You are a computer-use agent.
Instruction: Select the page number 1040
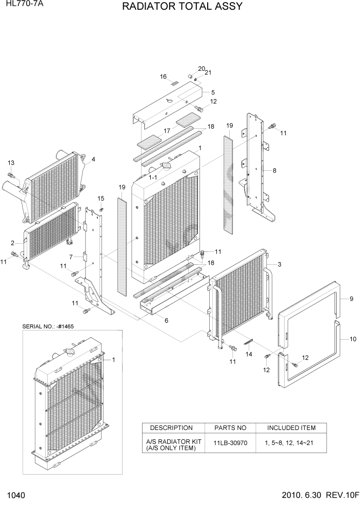(x=16, y=497)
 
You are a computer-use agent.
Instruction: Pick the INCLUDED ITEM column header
(x=291, y=428)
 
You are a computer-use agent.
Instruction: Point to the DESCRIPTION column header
(x=171, y=428)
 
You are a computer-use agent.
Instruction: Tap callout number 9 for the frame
(x=352, y=299)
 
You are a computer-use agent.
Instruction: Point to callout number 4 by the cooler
(x=93, y=159)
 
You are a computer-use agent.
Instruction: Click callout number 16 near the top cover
(x=163, y=77)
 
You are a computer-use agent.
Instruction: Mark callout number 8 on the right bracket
(x=275, y=170)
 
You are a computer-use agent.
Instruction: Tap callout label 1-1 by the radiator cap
(x=153, y=178)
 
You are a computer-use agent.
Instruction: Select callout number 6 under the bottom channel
(x=166, y=321)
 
